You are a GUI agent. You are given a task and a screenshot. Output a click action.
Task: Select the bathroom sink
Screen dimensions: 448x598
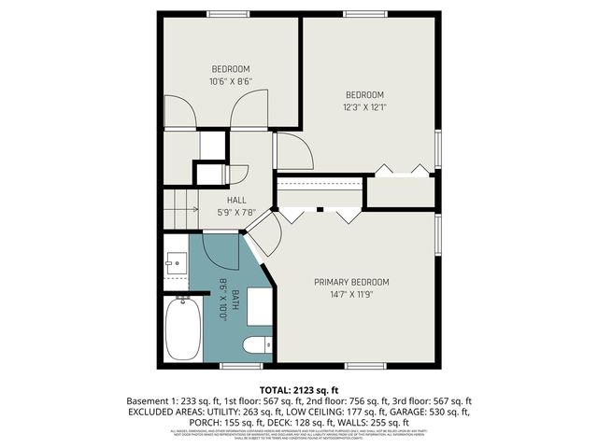[x=175, y=264]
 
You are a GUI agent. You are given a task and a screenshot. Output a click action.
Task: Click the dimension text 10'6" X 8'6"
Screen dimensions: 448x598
[x=230, y=81]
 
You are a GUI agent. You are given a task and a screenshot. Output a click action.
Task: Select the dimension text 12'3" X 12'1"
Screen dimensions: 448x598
[x=365, y=106]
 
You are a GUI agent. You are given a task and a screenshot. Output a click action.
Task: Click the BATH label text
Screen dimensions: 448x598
[x=235, y=299]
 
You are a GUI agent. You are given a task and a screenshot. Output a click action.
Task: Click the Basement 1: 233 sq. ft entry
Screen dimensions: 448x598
[x=172, y=399]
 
